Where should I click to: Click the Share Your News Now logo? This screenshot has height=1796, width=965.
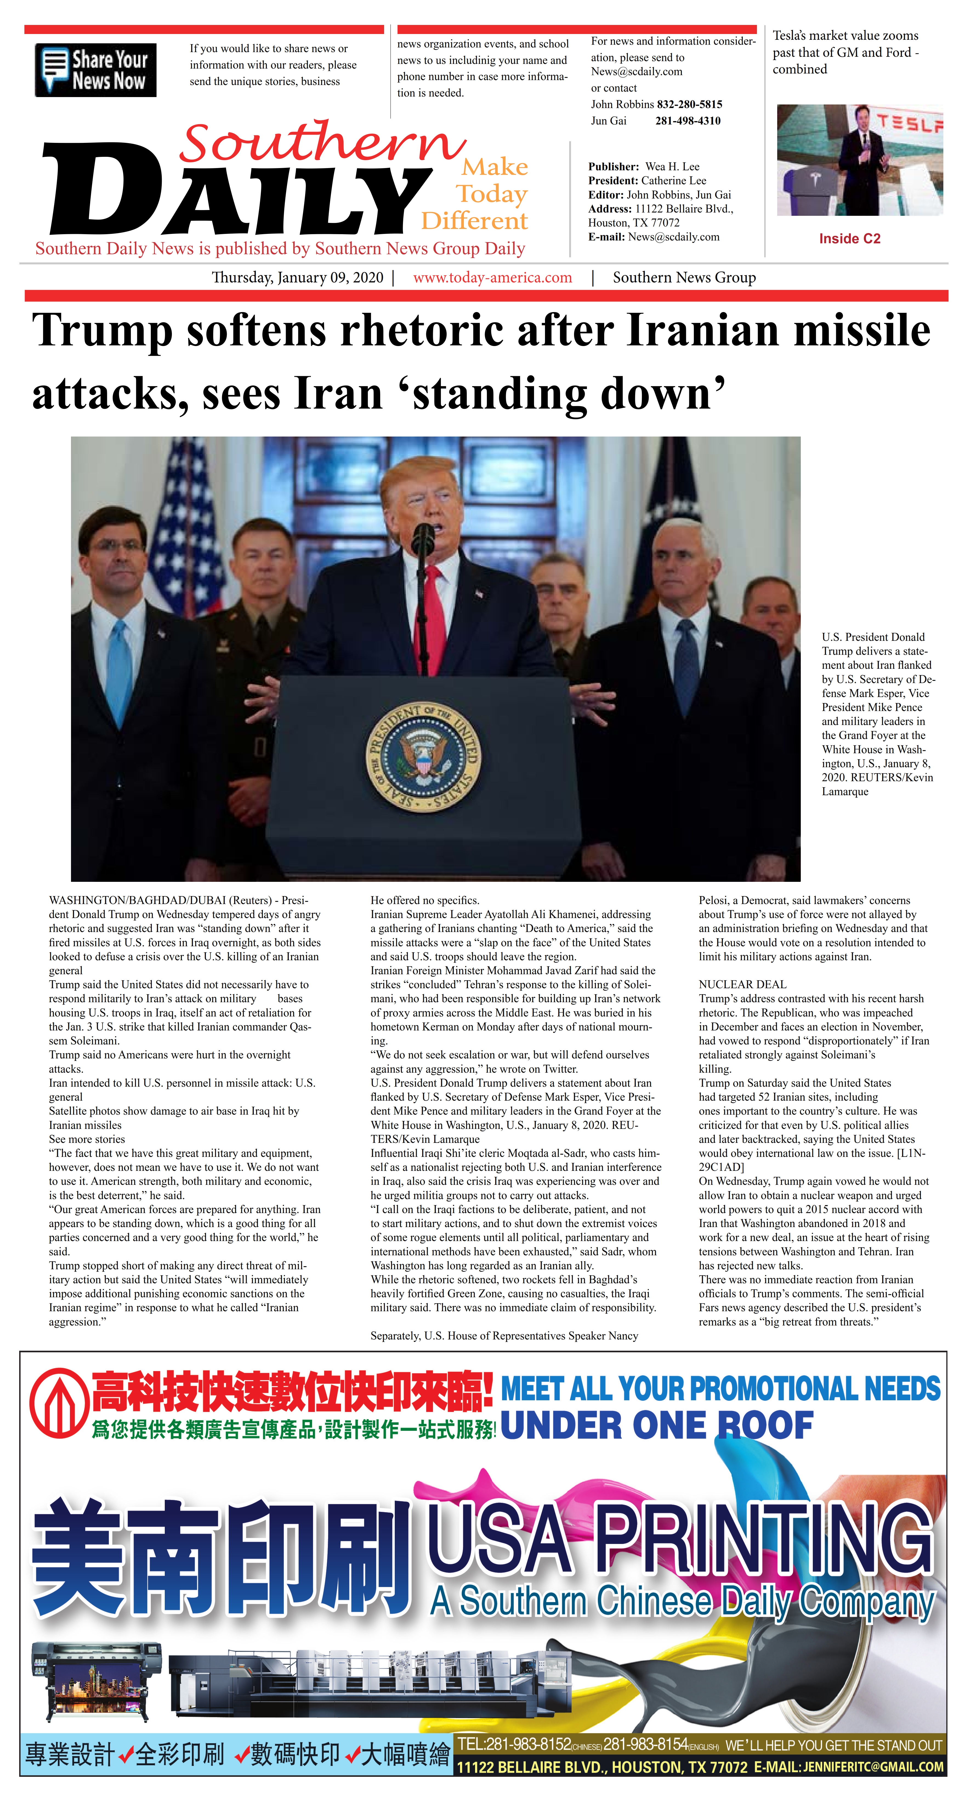pyautogui.click(x=95, y=70)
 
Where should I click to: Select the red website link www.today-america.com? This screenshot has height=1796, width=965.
pyautogui.click(x=492, y=277)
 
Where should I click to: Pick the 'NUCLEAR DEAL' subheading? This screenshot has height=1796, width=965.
pyautogui.click(x=743, y=984)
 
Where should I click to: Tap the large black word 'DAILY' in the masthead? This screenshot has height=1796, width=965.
pyautogui.click(x=237, y=192)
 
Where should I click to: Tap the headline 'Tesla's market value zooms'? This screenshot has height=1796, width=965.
pyautogui.click(x=845, y=36)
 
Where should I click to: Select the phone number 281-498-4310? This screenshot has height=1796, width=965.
pyautogui.click(x=688, y=121)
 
